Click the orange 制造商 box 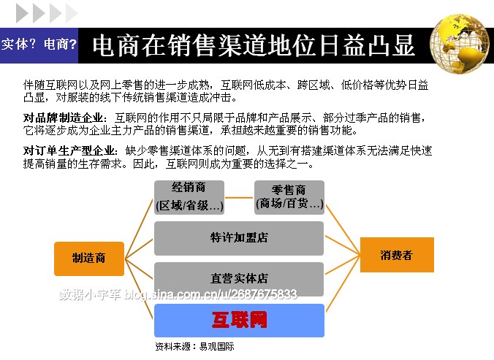coord(89,258)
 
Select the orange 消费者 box coord(397,255)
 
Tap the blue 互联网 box coord(239,320)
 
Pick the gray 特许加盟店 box coord(239,238)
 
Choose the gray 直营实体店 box coord(239,278)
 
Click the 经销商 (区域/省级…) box coord(189,197)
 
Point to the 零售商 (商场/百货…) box coord(289,197)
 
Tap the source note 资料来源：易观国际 coord(194,347)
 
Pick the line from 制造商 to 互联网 coord(139,288)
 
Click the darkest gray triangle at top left coord(22,12)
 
